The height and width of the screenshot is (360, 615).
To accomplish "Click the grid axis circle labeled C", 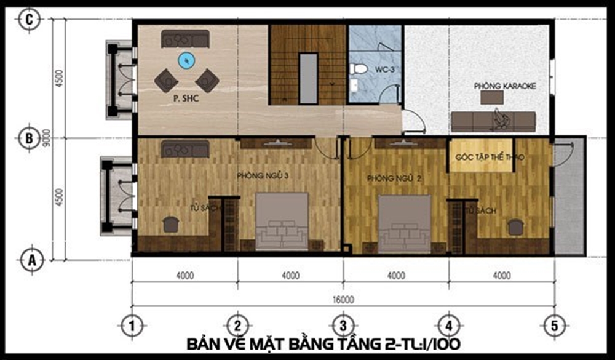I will coord(28,20).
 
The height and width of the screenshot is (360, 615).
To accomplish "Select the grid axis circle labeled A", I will coord(29,260).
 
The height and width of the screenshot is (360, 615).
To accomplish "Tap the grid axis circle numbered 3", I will coord(343,324).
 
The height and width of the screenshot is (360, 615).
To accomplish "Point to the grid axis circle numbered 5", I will coord(554,324).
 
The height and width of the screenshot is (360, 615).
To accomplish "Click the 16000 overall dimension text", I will coord(343,300).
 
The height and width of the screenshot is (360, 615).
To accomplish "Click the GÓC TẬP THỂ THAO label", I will coord(490,158).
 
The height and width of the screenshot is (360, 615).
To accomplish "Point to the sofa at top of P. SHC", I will coord(186,39).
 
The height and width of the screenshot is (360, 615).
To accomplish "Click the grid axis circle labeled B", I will coord(28,138).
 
